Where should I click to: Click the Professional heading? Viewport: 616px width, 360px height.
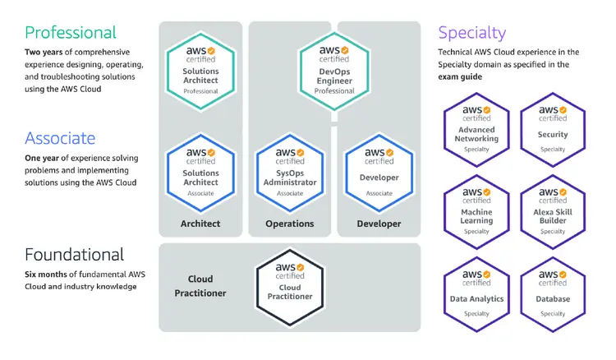pyautogui.click(x=71, y=33)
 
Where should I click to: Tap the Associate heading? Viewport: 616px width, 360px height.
pyautogui.click(x=60, y=137)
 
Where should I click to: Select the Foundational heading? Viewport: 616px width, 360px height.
pyautogui.click(x=75, y=254)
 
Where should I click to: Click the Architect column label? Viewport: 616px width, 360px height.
pyautogui.click(x=200, y=224)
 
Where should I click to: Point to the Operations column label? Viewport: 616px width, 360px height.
pyautogui.click(x=289, y=224)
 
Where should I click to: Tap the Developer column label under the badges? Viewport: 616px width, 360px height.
pyautogui.click(x=379, y=224)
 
